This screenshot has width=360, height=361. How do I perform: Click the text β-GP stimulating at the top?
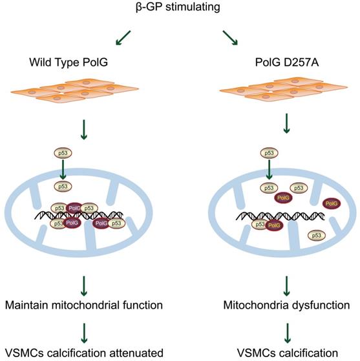(x=180, y=7)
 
